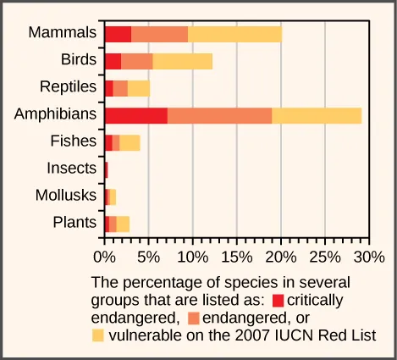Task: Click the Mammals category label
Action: coord(62,33)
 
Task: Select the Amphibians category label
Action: coord(54,114)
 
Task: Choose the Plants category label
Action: coord(74,223)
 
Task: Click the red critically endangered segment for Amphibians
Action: coord(135,115)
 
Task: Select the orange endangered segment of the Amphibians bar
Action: coord(219,115)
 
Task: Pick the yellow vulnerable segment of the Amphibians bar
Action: coord(317,115)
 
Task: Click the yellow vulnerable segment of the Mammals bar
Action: coord(234,34)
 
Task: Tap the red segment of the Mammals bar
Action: coord(118,34)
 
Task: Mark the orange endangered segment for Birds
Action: coord(137,61)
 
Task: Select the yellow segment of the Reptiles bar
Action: coord(139,88)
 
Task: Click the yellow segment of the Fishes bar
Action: coord(130,142)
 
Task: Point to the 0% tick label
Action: coord(104,255)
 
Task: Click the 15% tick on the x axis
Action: coord(237,255)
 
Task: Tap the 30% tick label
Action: coord(368,255)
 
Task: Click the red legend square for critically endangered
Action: coord(278,300)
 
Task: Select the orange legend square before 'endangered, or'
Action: coord(194,318)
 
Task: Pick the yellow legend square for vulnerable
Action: coord(98,335)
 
